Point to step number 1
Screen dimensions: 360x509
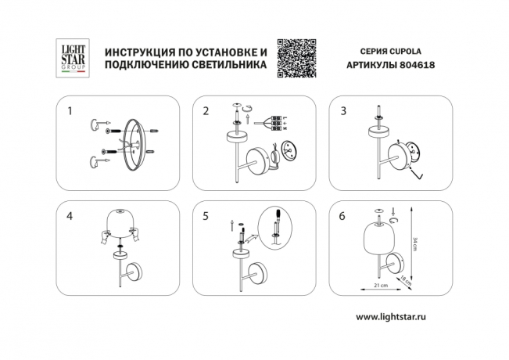(70, 111)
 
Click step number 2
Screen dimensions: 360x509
(206, 111)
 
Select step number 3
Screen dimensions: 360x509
(342, 111)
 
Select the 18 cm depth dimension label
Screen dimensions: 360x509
(406, 277)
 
